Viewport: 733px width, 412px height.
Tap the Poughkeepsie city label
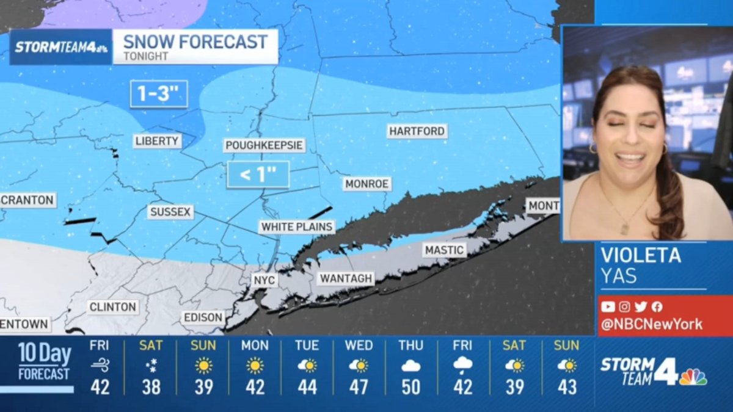[x=264, y=145]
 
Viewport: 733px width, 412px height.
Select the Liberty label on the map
[x=158, y=141]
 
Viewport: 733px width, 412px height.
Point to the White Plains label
[x=297, y=227]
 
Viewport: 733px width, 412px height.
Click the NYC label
[x=265, y=280]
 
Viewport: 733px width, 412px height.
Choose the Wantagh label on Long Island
[x=346, y=278]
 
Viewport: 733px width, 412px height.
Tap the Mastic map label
[x=445, y=250]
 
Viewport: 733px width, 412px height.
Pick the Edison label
[x=203, y=317]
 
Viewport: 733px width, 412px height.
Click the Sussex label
[x=170, y=212]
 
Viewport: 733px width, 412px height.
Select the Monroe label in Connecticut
[x=367, y=184]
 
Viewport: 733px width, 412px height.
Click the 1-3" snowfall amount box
[x=159, y=94]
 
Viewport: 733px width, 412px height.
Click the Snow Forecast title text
[x=195, y=42]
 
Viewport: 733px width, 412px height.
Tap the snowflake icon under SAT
[x=151, y=366]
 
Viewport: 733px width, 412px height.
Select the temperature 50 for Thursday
[x=410, y=386]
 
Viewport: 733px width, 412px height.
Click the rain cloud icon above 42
[x=462, y=366]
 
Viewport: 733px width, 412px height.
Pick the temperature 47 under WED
[x=359, y=386]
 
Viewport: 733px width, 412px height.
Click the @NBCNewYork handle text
[x=651, y=324]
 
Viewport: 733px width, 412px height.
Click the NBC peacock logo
[x=693, y=377]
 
